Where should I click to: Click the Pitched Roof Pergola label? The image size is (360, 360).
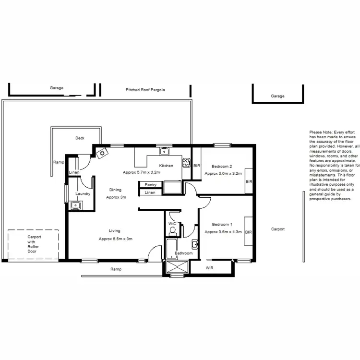pos(145,90)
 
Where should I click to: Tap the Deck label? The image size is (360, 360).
pos(80,138)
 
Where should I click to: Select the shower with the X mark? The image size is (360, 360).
pos(177,268)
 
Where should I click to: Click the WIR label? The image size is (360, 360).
pos(209,268)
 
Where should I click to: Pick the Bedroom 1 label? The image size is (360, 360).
pos(222,225)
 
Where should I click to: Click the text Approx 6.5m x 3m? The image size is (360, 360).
pos(115,239)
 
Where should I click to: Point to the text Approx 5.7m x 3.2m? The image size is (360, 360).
pos(141,172)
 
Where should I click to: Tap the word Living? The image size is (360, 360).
pos(114,231)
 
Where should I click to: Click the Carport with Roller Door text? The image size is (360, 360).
pos(34,244)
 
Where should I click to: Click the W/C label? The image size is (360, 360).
pos(171,224)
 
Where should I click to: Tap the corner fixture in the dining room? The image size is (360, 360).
pos(101,153)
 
